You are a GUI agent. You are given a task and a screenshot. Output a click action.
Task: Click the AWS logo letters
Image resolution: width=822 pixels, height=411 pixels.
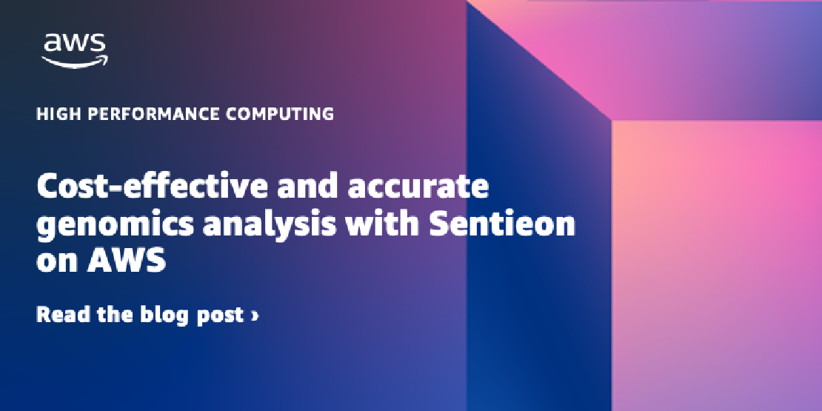point(75,44)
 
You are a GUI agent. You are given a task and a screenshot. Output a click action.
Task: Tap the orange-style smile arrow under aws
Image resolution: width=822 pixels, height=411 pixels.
point(75,61)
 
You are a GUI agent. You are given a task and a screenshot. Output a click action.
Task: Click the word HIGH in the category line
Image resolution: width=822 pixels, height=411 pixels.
point(56,114)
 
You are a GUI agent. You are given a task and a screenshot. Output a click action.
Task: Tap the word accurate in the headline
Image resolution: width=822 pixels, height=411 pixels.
point(418,187)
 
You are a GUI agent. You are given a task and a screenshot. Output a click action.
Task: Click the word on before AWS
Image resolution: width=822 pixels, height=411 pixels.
point(58,262)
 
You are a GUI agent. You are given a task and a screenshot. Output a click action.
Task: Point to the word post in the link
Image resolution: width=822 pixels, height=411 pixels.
point(220,315)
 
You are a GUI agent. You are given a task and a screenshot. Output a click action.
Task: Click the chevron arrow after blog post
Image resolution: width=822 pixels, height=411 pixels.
point(255,315)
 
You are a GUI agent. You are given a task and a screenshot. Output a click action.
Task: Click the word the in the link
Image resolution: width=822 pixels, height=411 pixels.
point(115,314)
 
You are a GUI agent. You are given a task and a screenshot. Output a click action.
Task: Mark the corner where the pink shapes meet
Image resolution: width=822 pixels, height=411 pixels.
point(611,120)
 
